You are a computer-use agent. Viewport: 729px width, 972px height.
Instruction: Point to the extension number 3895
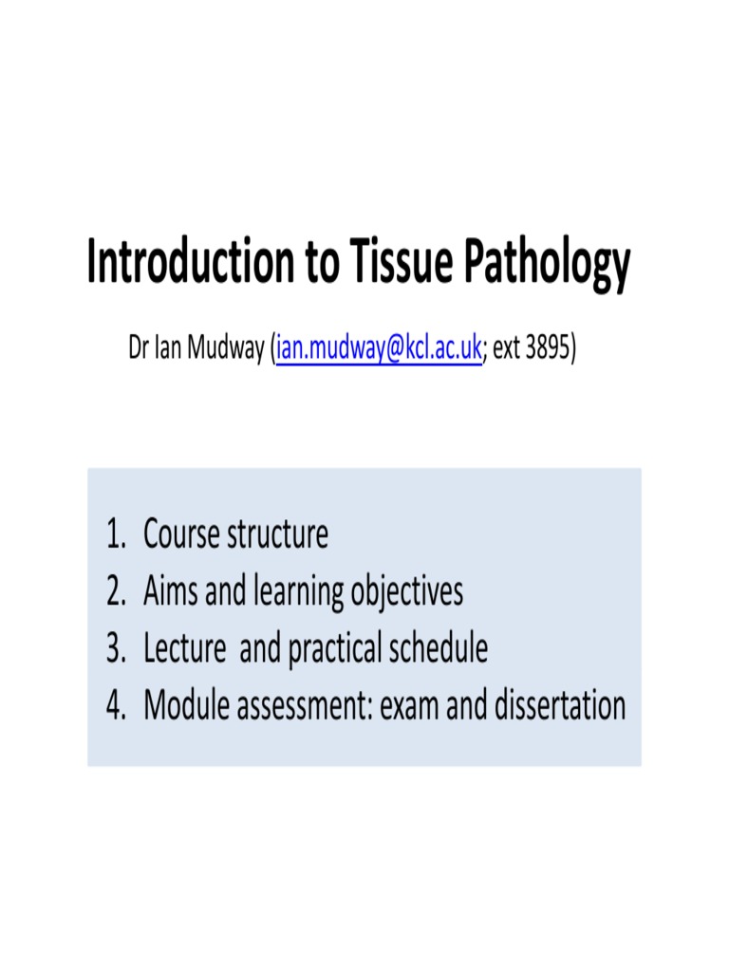[x=549, y=349]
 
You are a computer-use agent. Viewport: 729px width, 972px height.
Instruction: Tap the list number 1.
[x=115, y=535]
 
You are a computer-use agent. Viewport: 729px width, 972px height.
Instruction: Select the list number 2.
[x=115, y=592]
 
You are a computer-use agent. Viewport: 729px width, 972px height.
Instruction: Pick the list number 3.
[x=115, y=649]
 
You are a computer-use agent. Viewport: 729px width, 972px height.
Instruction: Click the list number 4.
[x=115, y=706]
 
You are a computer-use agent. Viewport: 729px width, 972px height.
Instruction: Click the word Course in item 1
[x=181, y=535]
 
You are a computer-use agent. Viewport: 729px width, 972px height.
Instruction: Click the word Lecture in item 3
[x=185, y=649]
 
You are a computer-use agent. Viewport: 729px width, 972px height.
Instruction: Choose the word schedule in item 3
[x=439, y=649]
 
